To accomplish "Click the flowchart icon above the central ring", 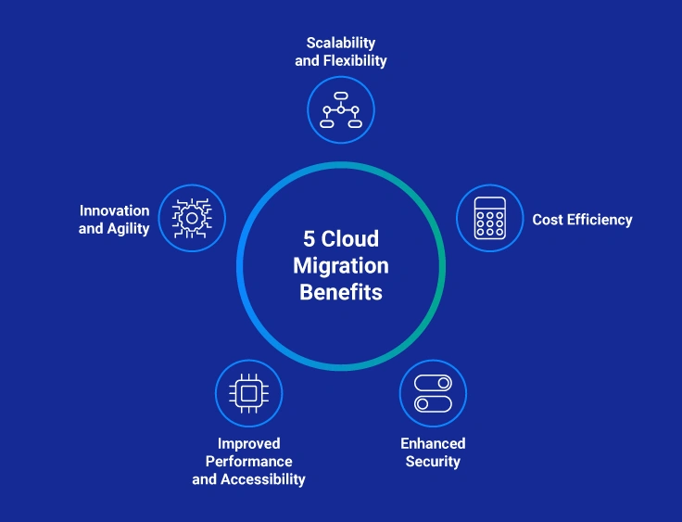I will coord(341,109).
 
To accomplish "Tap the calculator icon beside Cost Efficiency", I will coord(490,218).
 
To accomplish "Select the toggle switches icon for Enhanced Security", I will coord(433,393).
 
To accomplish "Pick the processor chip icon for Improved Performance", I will coord(248,393).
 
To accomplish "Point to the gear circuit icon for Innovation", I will coord(192,218).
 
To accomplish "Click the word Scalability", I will coord(341,44).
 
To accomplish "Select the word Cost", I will coord(548,220).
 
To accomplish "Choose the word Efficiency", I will coord(599,220).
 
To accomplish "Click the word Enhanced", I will coord(433,443).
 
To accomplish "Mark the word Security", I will coord(433,461).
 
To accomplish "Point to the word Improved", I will coord(248,443).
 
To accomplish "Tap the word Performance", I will coord(248,461).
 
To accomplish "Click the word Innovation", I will coord(114,210).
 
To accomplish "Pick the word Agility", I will coord(128,228).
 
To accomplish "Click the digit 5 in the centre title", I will coord(309,239).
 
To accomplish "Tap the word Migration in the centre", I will coord(341,266).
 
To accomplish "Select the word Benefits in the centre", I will coord(341,293).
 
